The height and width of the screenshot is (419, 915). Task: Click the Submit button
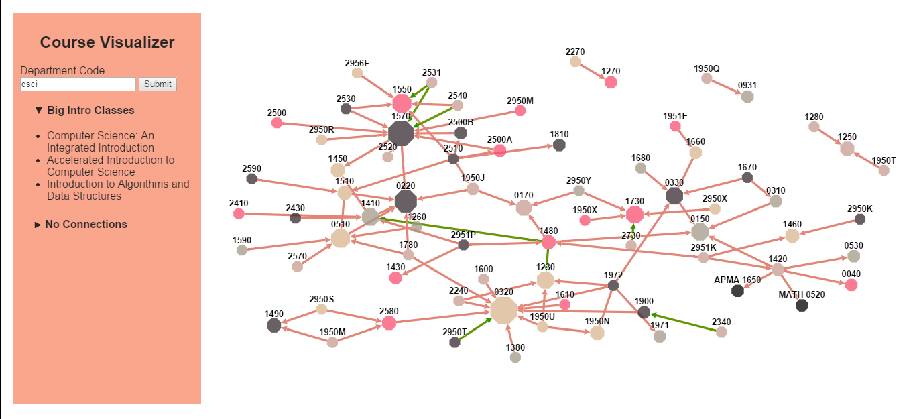[158, 84]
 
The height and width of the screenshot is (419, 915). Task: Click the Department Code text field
[78, 84]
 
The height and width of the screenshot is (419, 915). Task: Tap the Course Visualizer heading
[107, 42]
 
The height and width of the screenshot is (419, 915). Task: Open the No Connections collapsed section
[81, 224]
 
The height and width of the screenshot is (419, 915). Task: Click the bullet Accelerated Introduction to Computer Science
[111, 166]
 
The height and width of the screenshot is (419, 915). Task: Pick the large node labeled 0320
[503, 310]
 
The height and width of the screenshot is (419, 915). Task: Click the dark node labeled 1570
[401, 133]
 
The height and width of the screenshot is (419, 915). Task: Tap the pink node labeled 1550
[402, 103]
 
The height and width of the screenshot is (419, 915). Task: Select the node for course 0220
[406, 201]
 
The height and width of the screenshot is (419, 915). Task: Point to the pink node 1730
[634, 215]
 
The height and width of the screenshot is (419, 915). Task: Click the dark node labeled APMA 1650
[737, 290]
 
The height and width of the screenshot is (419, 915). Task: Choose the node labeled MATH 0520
[801, 306]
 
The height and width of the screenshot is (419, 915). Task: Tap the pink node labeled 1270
[610, 82]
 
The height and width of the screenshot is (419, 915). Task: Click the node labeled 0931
[747, 97]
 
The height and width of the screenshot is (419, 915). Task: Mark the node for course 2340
[721, 332]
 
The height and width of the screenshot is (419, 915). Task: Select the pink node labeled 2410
[239, 214]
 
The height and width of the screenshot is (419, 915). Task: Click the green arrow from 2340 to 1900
[684, 322]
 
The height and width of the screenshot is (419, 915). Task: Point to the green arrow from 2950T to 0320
[474, 330]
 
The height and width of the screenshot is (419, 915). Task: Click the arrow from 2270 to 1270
[593, 72]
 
